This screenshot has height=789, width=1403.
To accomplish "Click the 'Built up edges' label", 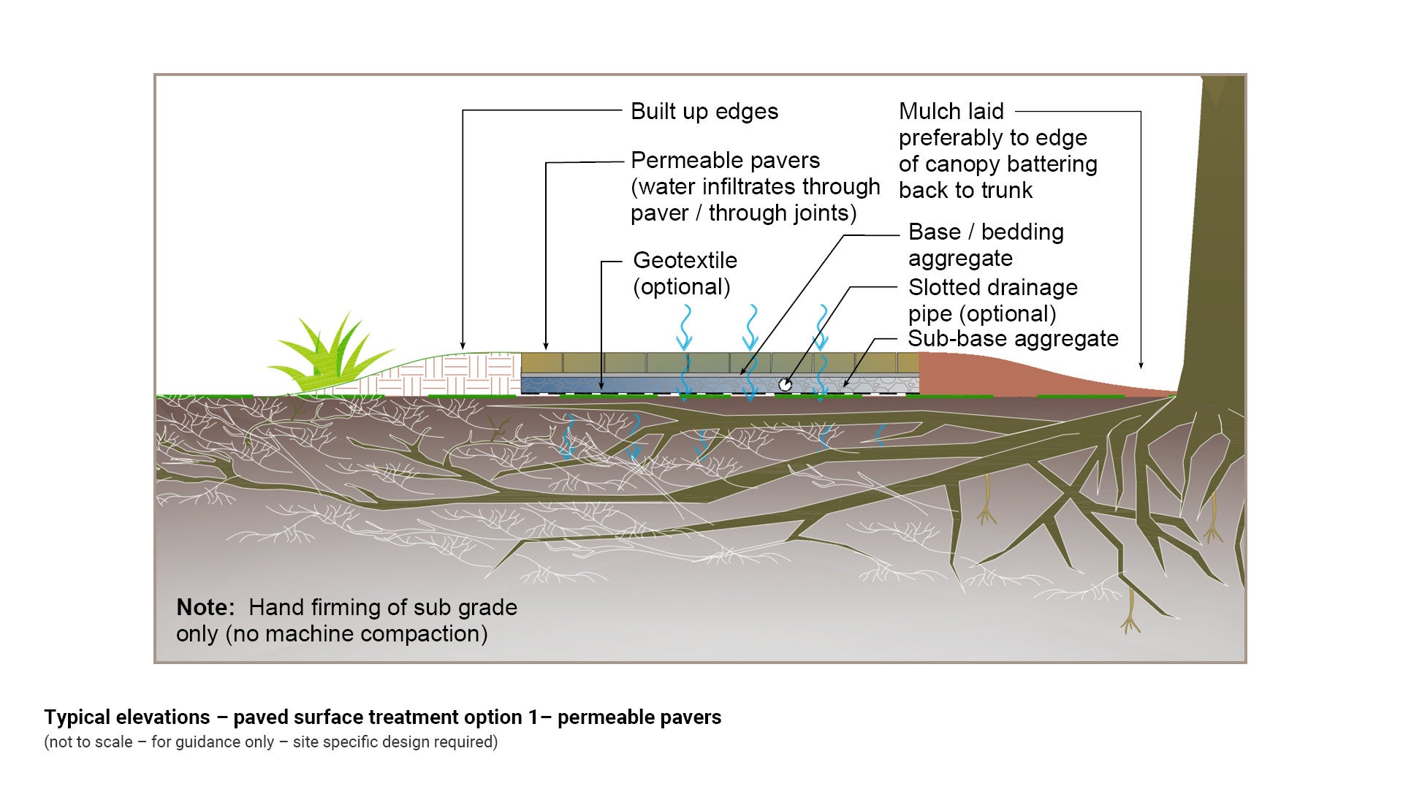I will (x=704, y=112).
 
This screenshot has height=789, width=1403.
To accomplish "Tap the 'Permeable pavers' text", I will (x=725, y=161).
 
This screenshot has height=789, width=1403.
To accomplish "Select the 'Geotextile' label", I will (x=685, y=261).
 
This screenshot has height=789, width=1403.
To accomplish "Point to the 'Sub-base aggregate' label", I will (x=1013, y=339).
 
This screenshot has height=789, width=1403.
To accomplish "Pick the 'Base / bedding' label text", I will (x=986, y=232).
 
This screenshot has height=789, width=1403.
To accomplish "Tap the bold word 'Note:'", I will (x=205, y=608).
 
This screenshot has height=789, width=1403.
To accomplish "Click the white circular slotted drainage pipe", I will (x=786, y=384).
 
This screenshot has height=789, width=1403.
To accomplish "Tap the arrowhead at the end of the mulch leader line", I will (x=1141, y=365).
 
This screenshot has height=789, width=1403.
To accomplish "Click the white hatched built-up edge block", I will (x=468, y=374).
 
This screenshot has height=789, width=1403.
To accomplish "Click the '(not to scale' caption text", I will (x=88, y=742).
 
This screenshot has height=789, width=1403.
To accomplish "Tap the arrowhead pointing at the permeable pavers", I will (x=546, y=346).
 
